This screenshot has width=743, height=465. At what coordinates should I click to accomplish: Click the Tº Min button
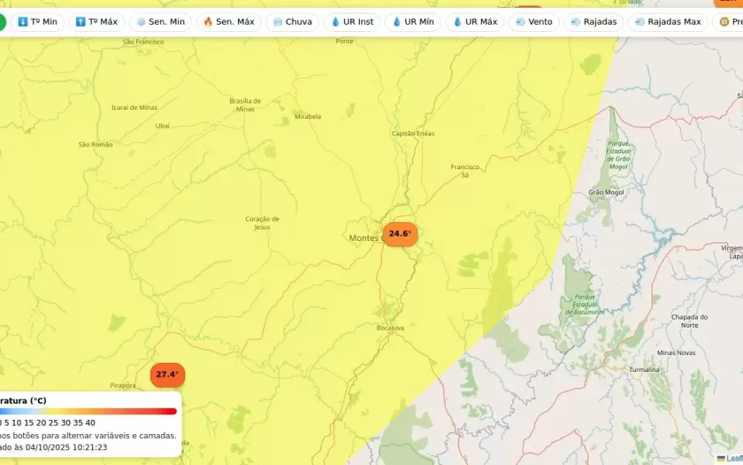[x=37, y=21]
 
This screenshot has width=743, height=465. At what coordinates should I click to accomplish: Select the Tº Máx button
[x=96, y=21]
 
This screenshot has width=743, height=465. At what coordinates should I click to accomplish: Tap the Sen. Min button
[x=160, y=21]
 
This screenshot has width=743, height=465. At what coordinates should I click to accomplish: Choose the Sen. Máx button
[x=228, y=21]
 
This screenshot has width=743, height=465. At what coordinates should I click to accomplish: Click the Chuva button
[x=292, y=21]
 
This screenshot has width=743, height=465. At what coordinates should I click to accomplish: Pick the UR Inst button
[x=352, y=21]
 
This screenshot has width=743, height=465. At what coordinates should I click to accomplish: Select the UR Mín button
[x=413, y=21]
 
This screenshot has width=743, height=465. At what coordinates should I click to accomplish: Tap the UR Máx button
[x=474, y=21]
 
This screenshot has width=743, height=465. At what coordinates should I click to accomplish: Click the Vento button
[x=533, y=21]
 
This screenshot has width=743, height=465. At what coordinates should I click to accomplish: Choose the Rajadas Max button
[x=667, y=21]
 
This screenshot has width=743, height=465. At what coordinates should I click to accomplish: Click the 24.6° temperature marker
[x=400, y=234]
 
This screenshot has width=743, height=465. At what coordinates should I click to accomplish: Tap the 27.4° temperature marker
[x=167, y=375]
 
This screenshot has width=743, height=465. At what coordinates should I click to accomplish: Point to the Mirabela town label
[x=308, y=116]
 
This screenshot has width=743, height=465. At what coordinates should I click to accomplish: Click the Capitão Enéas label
[x=413, y=134]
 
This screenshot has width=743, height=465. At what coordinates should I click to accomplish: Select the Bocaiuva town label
[x=390, y=328]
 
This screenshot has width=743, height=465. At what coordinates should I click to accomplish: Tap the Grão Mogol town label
[x=606, y=192]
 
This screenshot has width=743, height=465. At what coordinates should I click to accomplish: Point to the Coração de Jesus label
[x=262, y=222]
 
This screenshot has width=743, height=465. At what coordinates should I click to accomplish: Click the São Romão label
[x=96, y=144]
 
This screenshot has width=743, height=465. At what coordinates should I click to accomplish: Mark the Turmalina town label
[x=644, y=369]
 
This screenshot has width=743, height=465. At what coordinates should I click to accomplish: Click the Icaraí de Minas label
[x=134, y=108]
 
